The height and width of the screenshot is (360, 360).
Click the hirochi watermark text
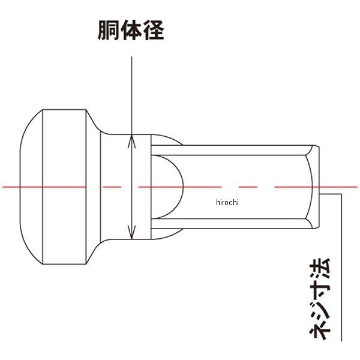pos(227,202)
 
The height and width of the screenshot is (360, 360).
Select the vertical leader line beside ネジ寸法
pos(341,264)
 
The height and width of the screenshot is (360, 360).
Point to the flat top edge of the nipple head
pos(66,110)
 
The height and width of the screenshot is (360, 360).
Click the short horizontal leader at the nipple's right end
pos(331,193)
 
